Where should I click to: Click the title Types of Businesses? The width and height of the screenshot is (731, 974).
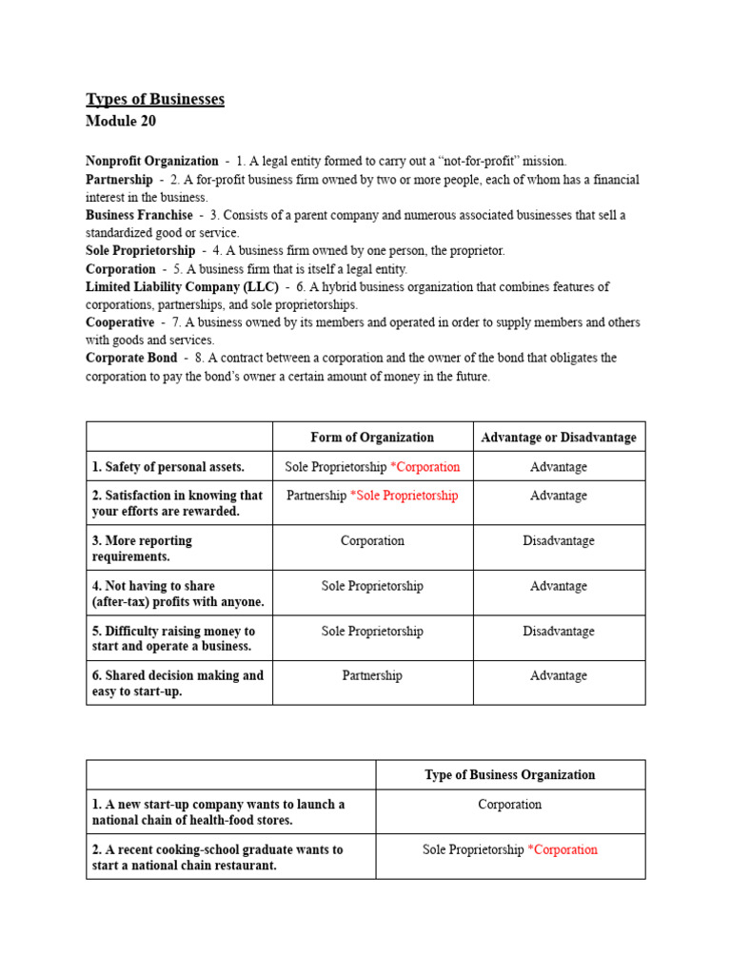[x=155, y=100]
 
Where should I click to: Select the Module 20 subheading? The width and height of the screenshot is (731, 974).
[x=121, y=122]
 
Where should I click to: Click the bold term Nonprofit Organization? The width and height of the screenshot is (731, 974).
[x=152, y=162]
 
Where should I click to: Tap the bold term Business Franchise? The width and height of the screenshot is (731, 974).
[x=139, y=215]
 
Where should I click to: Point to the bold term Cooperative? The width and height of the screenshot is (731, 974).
[x=120, y=322]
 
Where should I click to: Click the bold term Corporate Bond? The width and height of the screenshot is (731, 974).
[x=131, y=359]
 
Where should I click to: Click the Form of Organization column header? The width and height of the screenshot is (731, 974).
[x=372, y=438]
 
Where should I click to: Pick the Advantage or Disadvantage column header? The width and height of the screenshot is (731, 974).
[x=559, y=438]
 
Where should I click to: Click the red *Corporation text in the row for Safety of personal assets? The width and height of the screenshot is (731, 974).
[x=425, y=467]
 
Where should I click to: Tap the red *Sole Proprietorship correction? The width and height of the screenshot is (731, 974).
[x=405, y=496]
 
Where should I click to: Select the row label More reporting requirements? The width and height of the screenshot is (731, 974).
[x=142, y=548]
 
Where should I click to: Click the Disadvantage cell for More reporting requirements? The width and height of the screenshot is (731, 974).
[x=559, y=541]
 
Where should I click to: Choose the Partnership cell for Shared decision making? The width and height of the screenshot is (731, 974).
[x=372, y=675]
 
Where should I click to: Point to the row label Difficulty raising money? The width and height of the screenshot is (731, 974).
[x=171, y=638]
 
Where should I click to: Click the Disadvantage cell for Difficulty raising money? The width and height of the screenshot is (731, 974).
[x=559, y=632]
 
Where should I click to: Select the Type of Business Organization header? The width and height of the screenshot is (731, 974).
[x=510, y=774]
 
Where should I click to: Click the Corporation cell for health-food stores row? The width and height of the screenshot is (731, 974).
[x=510, y=805]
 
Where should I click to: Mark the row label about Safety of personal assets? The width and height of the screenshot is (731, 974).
[x=168, y=467]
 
